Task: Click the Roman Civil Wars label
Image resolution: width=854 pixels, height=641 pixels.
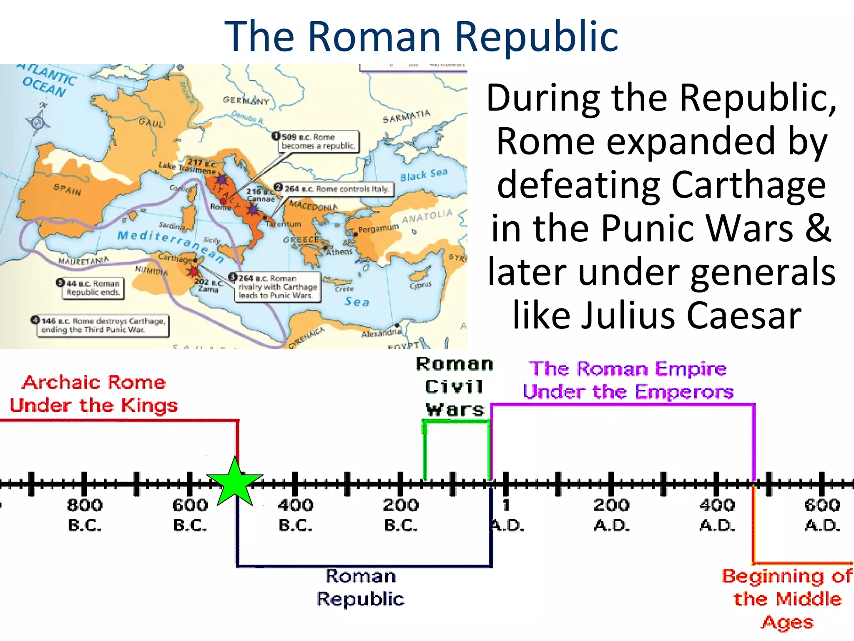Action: (x=455, y=387)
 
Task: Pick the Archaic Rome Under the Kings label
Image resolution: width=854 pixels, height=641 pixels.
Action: (x=94, y=394)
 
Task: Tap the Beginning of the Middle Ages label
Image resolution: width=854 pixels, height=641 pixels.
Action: (x=787, y=599)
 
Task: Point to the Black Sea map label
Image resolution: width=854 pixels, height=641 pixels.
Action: (x=424, y=175)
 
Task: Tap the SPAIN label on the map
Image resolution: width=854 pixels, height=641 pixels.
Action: (x=68, y=190)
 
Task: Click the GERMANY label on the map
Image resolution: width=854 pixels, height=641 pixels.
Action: (x=246, y=100)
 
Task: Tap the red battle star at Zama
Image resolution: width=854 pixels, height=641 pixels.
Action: (x=193, y=271)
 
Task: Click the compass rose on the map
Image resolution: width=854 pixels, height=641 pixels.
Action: (x=38, y=122)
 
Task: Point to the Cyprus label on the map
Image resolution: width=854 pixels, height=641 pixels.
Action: (x=420, y=285)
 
